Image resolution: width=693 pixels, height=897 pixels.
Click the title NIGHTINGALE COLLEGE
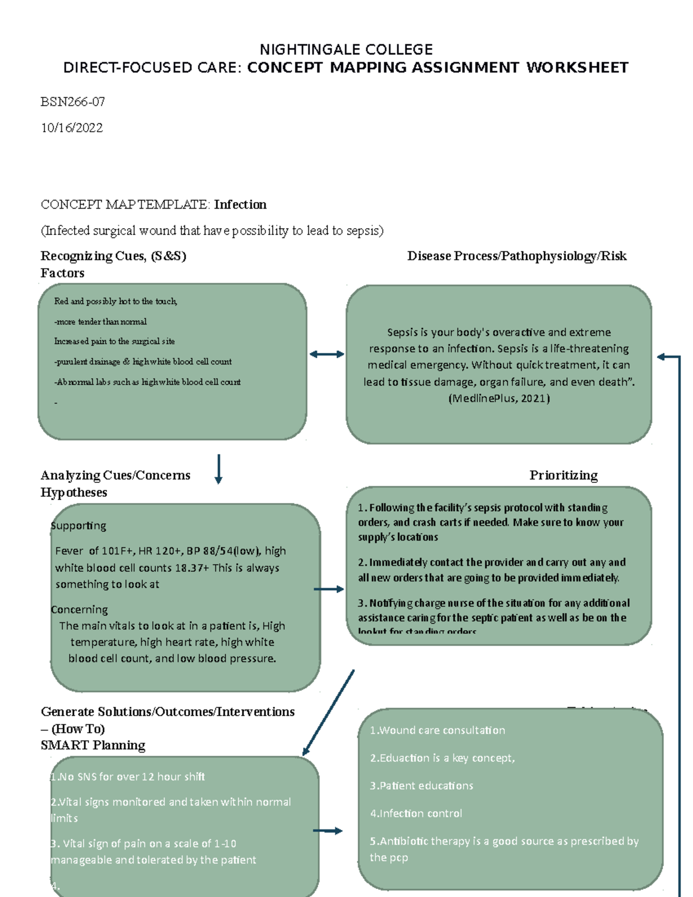[346, 50]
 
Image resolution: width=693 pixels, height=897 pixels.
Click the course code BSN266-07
[73, 102]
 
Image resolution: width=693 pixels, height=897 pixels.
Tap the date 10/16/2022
[72, 128]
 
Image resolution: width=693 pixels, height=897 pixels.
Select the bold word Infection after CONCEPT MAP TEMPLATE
[240, 204]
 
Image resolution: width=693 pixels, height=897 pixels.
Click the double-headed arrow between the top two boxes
[326, 354]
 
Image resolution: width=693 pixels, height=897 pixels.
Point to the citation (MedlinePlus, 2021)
[499, 398]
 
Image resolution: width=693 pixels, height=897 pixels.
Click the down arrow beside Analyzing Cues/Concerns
[218, 468]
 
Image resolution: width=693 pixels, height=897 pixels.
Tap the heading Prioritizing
[563, 475]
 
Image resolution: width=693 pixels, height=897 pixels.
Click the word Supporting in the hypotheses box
[79, 526]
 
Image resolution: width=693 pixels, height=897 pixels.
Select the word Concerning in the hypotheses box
[79, 609]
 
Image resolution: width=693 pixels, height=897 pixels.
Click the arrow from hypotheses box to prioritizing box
[329, 589]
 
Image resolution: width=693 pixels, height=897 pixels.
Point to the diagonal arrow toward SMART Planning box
[328, 713]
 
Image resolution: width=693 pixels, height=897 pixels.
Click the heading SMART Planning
[93, 745]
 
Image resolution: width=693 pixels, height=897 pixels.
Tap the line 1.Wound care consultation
[437, 730]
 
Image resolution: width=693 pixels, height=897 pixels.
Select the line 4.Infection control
[416, 813]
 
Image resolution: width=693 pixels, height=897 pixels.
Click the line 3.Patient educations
[421, 786]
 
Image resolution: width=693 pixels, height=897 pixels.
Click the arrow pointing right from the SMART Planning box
[327, 831]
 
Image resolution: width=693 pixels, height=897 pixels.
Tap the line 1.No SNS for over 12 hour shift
[128, 777]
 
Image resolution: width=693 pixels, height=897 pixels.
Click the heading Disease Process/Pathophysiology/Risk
[516, 256]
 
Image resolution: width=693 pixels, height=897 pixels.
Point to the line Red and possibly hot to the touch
[115, 301]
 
